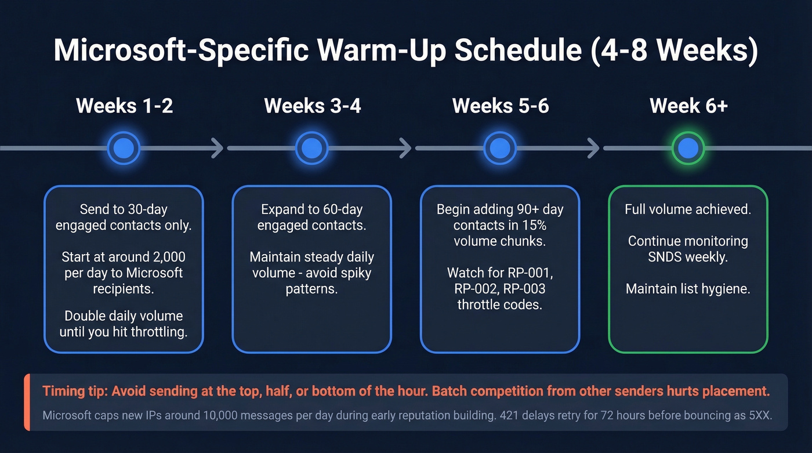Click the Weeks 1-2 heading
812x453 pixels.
[x=124, y=106]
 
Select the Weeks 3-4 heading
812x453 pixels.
[x=313, y=106]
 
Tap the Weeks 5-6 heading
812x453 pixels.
[x=501, y=106]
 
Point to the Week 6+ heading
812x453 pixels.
[x=688, y=106]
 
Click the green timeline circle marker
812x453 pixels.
[x=688, y=148]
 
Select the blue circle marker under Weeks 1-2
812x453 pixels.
[x=124, y=148]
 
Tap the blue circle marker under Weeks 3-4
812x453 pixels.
[x=312, y=148]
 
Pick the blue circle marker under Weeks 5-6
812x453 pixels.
[x=500, y=148]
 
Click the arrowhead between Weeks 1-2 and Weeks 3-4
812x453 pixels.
[x=217, y=148]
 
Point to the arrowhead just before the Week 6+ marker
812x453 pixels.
[x=593, y=148]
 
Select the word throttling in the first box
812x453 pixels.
[x=155, y=332]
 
